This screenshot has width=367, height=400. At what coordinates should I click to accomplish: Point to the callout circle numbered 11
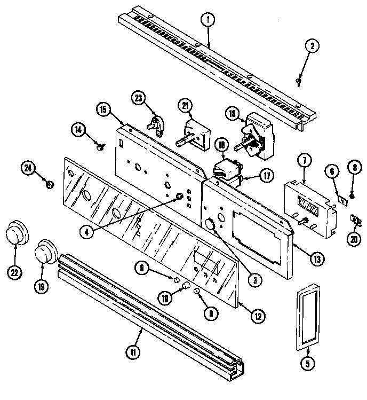(133, 352)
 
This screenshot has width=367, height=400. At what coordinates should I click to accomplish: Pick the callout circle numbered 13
(318, 259)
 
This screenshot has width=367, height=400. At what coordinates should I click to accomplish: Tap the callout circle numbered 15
(103, 110)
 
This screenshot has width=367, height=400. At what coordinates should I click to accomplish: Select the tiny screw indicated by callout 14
(100, 145)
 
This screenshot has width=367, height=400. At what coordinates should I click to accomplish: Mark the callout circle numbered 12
(257, 315)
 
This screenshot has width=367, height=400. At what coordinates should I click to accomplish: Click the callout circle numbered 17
(266, 175)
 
